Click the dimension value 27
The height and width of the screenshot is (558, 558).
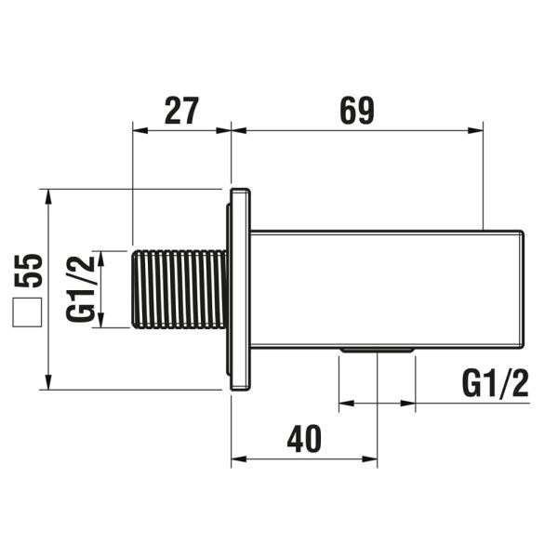[181, 111]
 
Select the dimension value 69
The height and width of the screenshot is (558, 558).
[356, 111]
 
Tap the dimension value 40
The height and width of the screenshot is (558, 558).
[304, 438]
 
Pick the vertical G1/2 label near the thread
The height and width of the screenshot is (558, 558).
[82, 288]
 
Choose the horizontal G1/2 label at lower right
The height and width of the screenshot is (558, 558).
[495, 382]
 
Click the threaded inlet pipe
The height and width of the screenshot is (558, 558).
[180, 288]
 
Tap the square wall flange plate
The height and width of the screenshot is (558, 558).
[239, 289]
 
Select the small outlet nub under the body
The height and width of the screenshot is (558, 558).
[377, 351]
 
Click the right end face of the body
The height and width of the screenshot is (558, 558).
[524, 288]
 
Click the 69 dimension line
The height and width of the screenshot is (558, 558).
[358, 130]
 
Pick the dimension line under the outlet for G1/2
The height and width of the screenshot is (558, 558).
[377, 404]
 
